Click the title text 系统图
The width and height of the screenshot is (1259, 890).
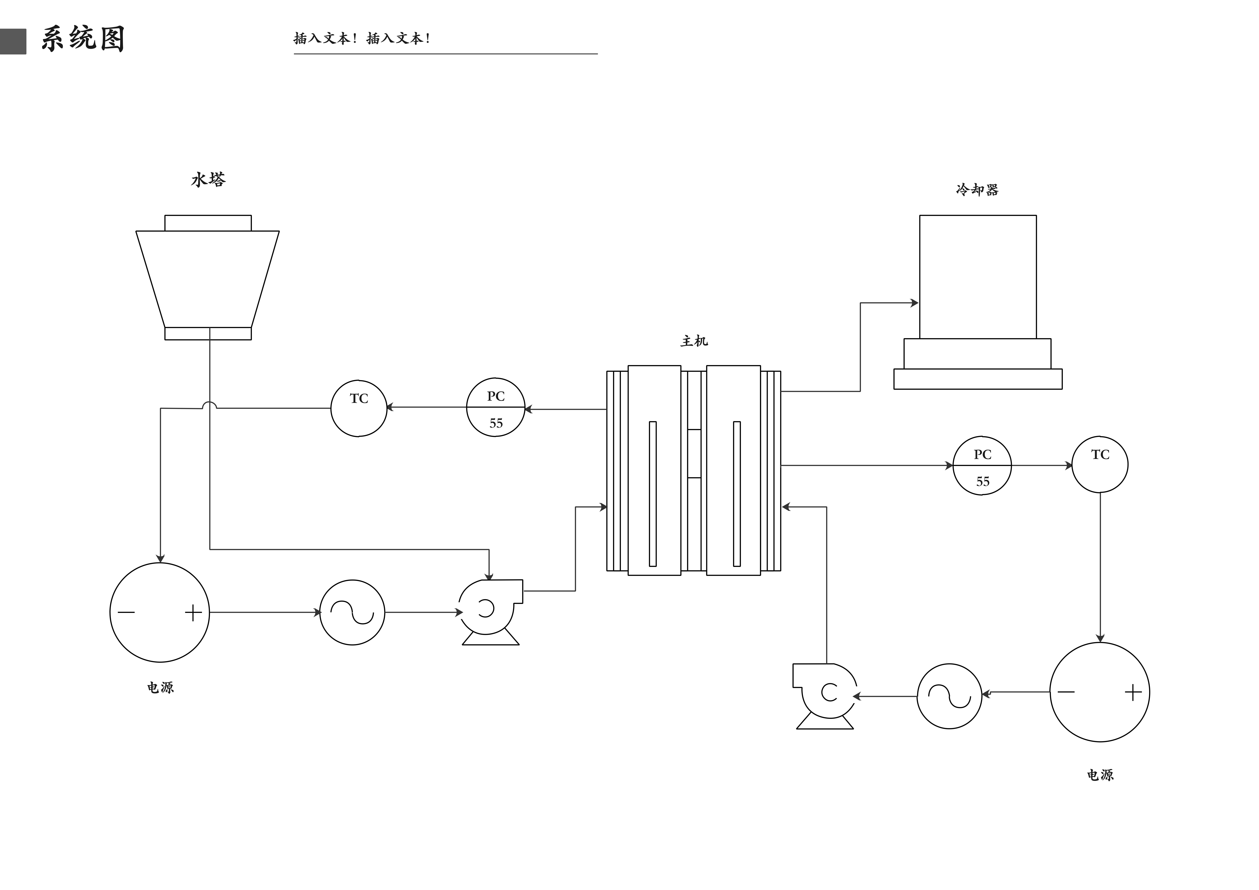[x=83, y=39]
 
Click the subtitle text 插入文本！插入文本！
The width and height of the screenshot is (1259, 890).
[x=362, y=38]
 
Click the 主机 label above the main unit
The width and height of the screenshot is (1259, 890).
[x=694, y=341]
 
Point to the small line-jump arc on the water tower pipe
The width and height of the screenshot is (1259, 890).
[x=209, y=405]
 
